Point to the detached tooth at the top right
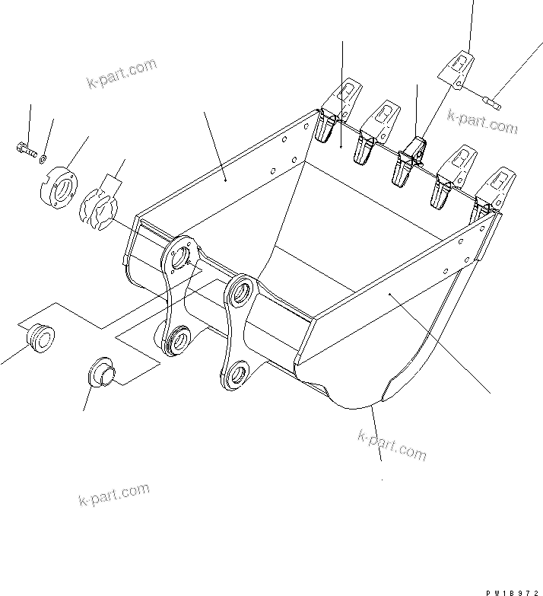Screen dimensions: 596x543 coord(456,65)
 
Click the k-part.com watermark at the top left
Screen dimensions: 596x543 coord(121,73)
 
